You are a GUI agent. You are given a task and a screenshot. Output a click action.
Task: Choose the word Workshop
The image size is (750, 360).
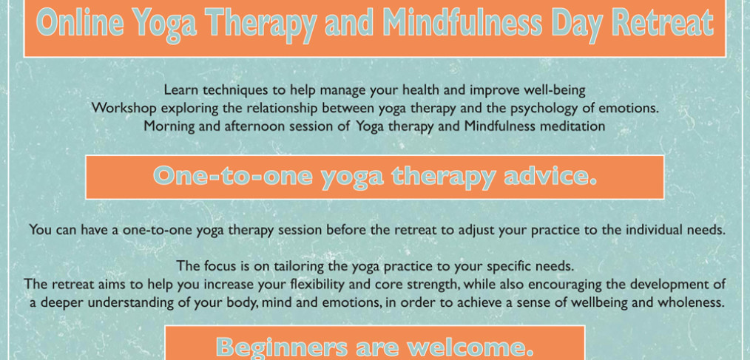[x=124, y=108]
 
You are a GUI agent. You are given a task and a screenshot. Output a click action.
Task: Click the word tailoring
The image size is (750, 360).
[x=294, y=265]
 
